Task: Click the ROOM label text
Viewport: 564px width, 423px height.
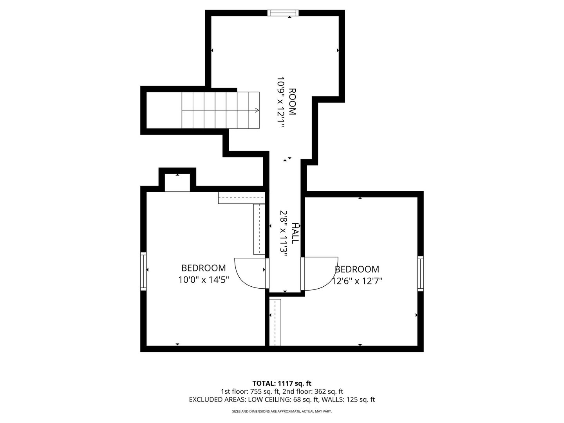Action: click(293, 101)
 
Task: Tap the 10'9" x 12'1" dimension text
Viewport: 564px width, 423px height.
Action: click(281, 102)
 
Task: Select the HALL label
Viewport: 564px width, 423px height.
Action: click(295, 233)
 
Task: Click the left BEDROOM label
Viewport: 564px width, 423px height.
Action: click(204, 268)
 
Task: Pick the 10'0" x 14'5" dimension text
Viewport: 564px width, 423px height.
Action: click(204, 280)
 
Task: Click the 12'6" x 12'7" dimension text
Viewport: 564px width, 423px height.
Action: click(357, 281)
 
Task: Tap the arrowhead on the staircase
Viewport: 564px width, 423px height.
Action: click(257, 110)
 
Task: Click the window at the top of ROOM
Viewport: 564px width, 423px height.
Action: click(283, 13)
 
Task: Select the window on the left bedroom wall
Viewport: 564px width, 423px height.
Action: click(143, 271)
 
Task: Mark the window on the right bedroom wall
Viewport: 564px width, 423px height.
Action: click(420, 273)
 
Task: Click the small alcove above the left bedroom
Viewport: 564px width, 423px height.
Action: click(177, 183)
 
